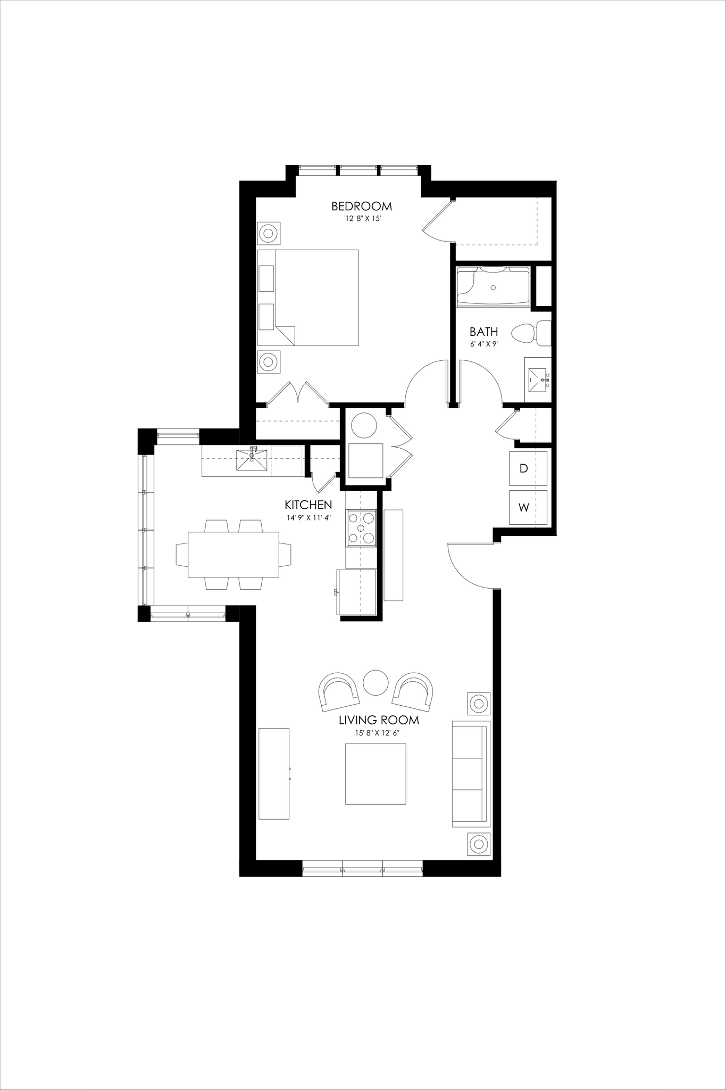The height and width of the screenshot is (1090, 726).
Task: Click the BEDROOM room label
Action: [x=361, y=206]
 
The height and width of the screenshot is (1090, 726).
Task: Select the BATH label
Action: [x=483, y=332]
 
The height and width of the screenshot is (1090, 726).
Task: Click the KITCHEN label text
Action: [x=308, y=505]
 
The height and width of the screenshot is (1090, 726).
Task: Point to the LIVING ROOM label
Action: [x=379, y=721]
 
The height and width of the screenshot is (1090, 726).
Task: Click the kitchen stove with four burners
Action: [x=362, y=528]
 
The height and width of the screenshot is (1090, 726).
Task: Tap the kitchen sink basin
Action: [x=252, y=461]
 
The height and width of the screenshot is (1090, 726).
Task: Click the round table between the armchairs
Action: [x=375, y=682]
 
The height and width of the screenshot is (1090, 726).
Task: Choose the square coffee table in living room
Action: [x=375, y=774]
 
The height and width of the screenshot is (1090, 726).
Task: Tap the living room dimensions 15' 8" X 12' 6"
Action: [x=378, y=733]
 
